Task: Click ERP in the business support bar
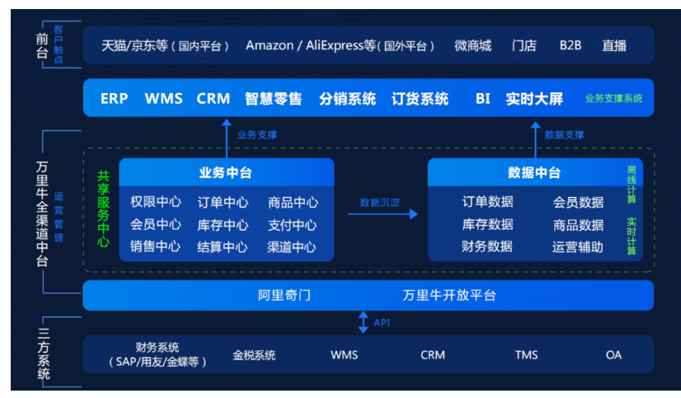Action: [x=114, y=99]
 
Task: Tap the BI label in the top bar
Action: [x=482, y=99]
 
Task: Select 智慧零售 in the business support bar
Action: [x=274, y=99]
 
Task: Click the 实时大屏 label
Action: [x=534, y=99]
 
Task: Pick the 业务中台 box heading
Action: [x=225, y=173]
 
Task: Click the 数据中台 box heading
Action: [x=534, y=173]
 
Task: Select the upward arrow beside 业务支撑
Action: [x=226, y=137]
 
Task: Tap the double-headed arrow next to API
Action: [x=364, y=322]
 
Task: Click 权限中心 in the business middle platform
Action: [x=156, y=203]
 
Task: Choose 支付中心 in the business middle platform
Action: [x=292, y=225]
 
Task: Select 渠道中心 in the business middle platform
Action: [x=292, y=247]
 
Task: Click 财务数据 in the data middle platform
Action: [x=487, y=246]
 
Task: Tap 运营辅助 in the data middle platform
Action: [x=577, y=246]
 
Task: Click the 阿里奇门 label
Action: [x=284, y=295]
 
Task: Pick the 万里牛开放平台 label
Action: [x=449, y=295]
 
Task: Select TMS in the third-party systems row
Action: [x=526, y=355]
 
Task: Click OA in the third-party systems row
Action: [x=613, y=355]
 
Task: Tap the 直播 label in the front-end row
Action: [x=613, y=45]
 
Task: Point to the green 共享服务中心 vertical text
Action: [x=103, y=208]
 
